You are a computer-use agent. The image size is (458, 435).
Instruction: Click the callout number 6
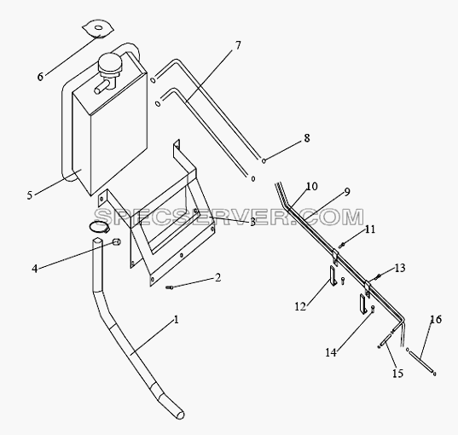40,77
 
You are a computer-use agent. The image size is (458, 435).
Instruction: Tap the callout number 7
238,45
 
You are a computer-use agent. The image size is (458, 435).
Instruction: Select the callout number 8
307,138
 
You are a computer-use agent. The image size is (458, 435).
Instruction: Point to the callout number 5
30,195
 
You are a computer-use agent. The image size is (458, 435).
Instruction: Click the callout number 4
35,269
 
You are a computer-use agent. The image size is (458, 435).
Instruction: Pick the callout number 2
217,277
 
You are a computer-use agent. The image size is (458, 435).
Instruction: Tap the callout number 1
176,320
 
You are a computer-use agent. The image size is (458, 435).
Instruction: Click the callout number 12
300,306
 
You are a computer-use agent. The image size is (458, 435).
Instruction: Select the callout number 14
331,352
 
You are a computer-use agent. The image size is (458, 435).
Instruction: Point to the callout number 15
397,373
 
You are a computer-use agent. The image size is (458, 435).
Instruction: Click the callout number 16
436,319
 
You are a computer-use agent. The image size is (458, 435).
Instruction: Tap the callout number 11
370,229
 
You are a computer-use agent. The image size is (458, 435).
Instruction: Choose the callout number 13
400,268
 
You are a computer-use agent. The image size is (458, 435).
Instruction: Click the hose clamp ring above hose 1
99,227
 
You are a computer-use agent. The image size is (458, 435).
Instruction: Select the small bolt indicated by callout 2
169,287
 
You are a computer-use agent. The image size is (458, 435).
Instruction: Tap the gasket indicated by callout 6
98,28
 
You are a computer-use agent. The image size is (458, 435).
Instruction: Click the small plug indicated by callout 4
117,242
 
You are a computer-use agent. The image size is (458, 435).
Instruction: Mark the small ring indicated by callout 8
264,160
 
